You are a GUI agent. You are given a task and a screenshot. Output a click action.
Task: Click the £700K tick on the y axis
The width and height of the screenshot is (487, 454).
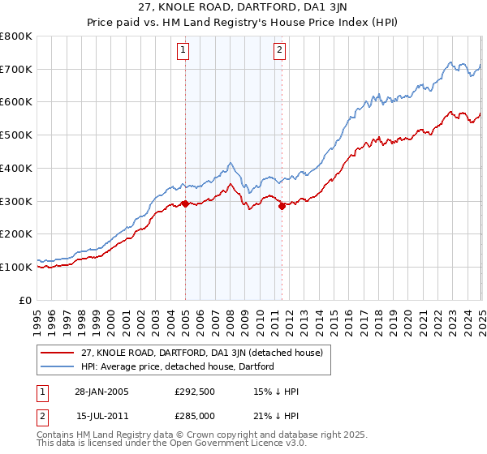(x=16, y=69)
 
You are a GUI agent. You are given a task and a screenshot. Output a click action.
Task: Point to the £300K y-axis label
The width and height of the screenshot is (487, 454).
(x=16, y=201)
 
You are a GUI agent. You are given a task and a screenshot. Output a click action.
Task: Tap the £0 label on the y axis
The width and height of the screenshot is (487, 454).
(x=26, y=300)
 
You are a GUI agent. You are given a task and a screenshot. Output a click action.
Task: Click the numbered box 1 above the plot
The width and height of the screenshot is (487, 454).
(x=183, y=50)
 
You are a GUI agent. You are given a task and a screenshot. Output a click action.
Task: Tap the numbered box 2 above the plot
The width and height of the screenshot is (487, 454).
(x=279, y=50)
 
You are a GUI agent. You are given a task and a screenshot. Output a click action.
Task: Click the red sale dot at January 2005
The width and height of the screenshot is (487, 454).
(x=186, y=203)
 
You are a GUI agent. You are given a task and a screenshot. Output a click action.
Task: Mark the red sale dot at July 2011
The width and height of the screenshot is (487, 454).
(x=282, y=206)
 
